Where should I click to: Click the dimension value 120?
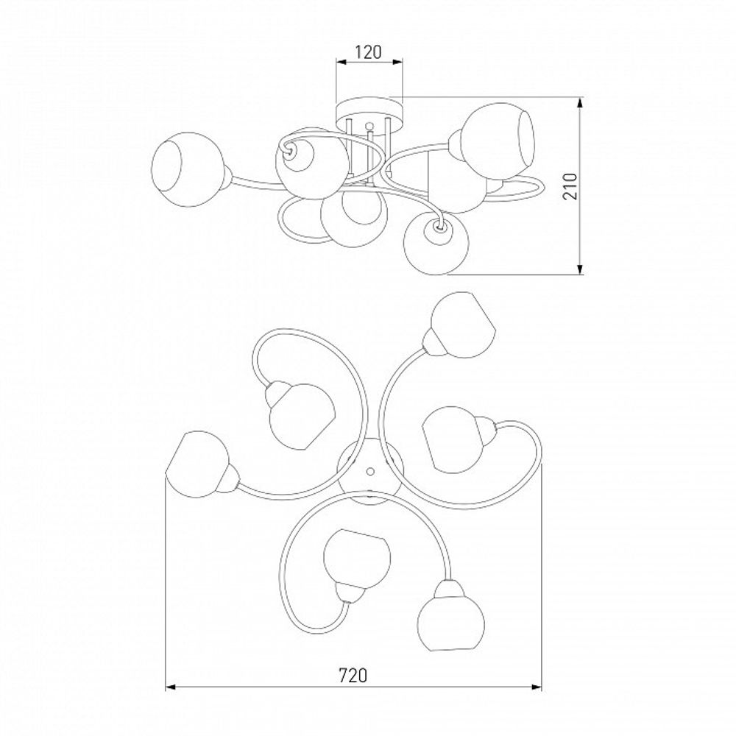tap(368, 52)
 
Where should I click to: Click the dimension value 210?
tap(570, 186)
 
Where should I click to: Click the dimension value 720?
tap(353, 675)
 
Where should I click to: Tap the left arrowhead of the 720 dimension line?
tap(170, 687)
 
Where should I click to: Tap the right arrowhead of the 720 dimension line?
tap(537, 687)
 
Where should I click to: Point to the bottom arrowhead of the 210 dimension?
tap(581, 269)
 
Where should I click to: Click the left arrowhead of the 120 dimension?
tap(342, 62)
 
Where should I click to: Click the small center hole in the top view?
tap(370, 470)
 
